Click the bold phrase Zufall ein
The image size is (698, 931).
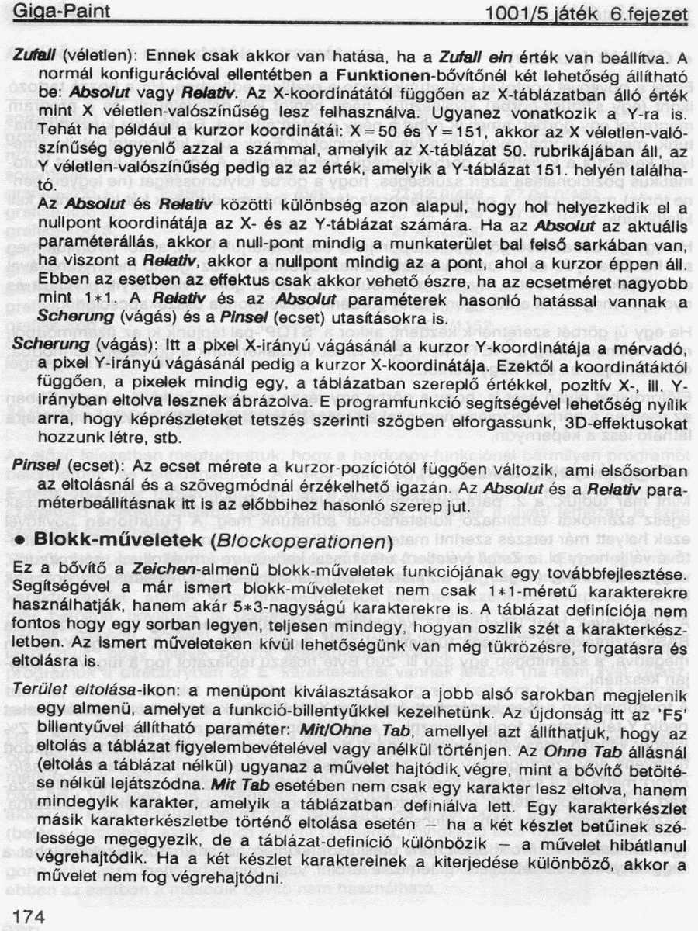472,57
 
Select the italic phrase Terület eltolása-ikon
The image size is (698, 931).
92,690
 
